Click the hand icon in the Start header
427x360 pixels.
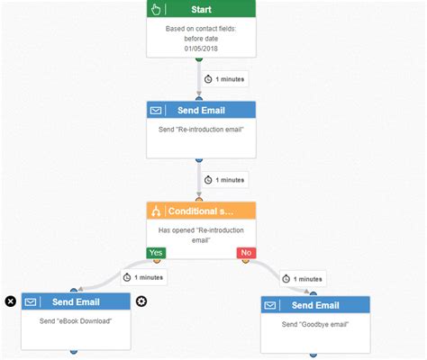157,10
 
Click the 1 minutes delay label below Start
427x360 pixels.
223,79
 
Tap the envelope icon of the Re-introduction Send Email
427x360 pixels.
157,110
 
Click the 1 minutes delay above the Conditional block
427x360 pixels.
223,180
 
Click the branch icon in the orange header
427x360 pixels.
157,211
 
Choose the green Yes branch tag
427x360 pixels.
157,253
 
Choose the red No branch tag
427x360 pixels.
245,253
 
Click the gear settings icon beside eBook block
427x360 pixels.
141,301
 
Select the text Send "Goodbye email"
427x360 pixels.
314,324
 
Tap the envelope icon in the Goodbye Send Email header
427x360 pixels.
270,306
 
